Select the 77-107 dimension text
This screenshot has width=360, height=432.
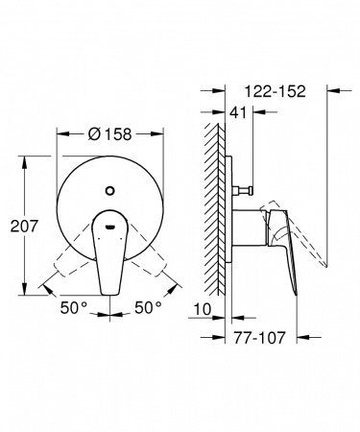click(x=260, y=338)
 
